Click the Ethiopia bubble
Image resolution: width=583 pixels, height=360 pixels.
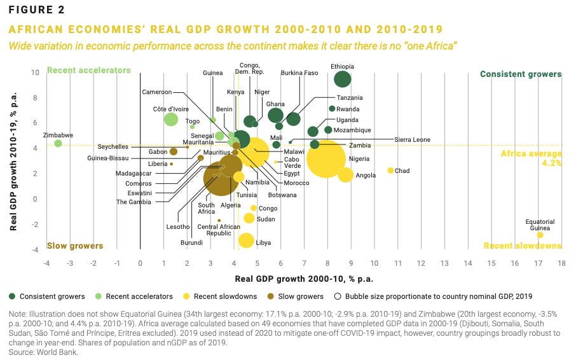[x=343, y=79]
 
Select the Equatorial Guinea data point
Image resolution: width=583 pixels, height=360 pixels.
[x=540, y=235]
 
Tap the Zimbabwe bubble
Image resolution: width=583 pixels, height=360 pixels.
[x=58, y=143]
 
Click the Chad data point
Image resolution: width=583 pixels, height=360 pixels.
[x=390, y=170]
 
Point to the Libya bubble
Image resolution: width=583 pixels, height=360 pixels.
[x=246, y=240]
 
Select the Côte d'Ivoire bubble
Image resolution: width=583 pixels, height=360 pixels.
[x=171, y=119]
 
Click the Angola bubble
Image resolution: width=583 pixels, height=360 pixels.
[x=345, y=175]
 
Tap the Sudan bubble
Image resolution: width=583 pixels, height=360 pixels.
[x=249, y=218]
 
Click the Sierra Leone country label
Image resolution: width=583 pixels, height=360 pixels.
[x=412, y=139]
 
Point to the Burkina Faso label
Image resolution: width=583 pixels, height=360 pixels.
[x=299, y=73]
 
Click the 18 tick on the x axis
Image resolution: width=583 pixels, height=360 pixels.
[x=562, y=263]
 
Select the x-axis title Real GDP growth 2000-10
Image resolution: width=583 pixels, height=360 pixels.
[x=304, y=279]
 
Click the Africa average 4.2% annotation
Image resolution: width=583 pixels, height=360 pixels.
[x=531, y=158]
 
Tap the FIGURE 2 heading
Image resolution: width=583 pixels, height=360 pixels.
[x=37, y=10]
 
